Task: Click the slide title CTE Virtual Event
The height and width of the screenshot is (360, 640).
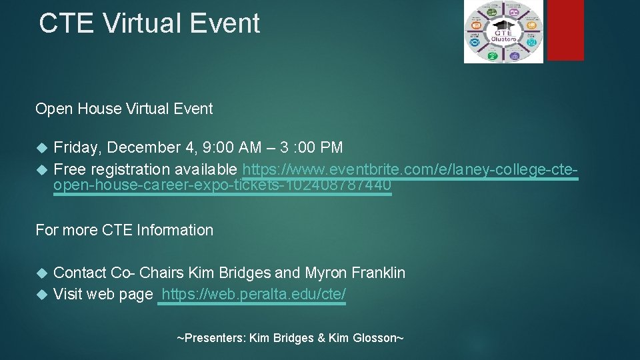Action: [149, 23]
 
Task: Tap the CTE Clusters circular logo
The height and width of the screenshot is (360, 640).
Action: [503, 32]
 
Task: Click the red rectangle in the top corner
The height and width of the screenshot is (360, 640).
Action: [565, 30]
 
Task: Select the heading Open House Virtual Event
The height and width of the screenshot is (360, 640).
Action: [124, 109]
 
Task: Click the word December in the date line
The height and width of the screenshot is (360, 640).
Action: [148, 147]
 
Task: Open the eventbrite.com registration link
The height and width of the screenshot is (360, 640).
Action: [410, 169]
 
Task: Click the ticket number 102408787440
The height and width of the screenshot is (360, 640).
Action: [338, 185]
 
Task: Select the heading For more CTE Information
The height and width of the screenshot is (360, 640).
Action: [124, 230]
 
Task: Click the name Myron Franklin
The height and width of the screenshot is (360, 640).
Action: [355, 273]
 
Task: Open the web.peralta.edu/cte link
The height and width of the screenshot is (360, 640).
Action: [253, 294]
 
